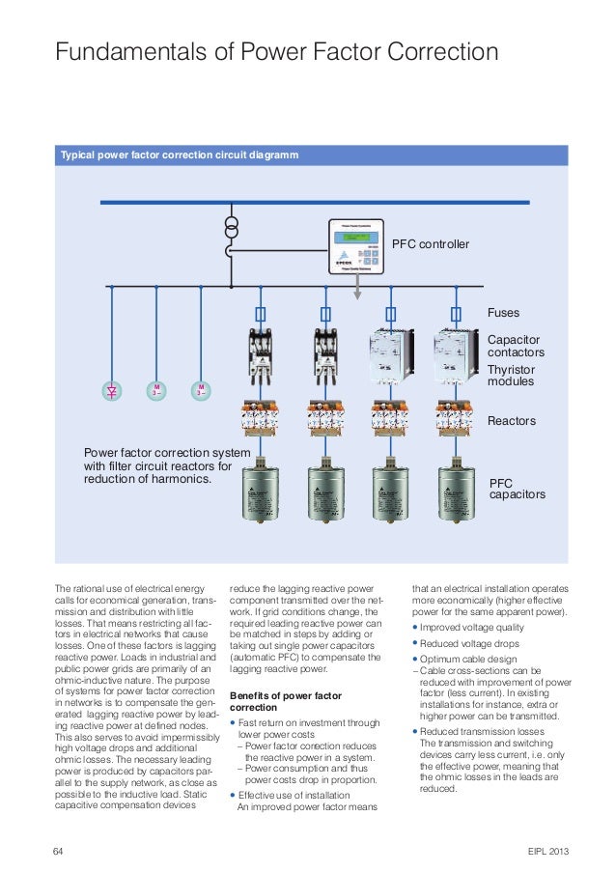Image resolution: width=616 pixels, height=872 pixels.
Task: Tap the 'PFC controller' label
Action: point(430,244)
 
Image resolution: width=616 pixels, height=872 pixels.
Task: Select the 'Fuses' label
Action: point(503,314)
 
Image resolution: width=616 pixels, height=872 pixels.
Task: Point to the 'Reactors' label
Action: point(511,422)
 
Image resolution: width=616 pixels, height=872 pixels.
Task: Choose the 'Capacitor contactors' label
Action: point(516,347)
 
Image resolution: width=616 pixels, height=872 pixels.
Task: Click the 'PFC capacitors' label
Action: point(518,487)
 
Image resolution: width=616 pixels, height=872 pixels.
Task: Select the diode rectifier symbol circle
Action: point(112,391)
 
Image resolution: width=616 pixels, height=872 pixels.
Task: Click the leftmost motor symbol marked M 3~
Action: point(155,391)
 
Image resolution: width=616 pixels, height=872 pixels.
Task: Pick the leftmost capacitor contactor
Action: point(260,356)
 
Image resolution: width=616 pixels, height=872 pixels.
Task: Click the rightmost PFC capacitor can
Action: point(457,495)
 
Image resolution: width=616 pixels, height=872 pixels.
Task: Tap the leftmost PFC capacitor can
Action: point(260,495)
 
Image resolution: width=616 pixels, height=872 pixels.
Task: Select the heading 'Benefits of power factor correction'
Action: point(280,701)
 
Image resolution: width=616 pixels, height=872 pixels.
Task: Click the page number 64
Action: point(58,851)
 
